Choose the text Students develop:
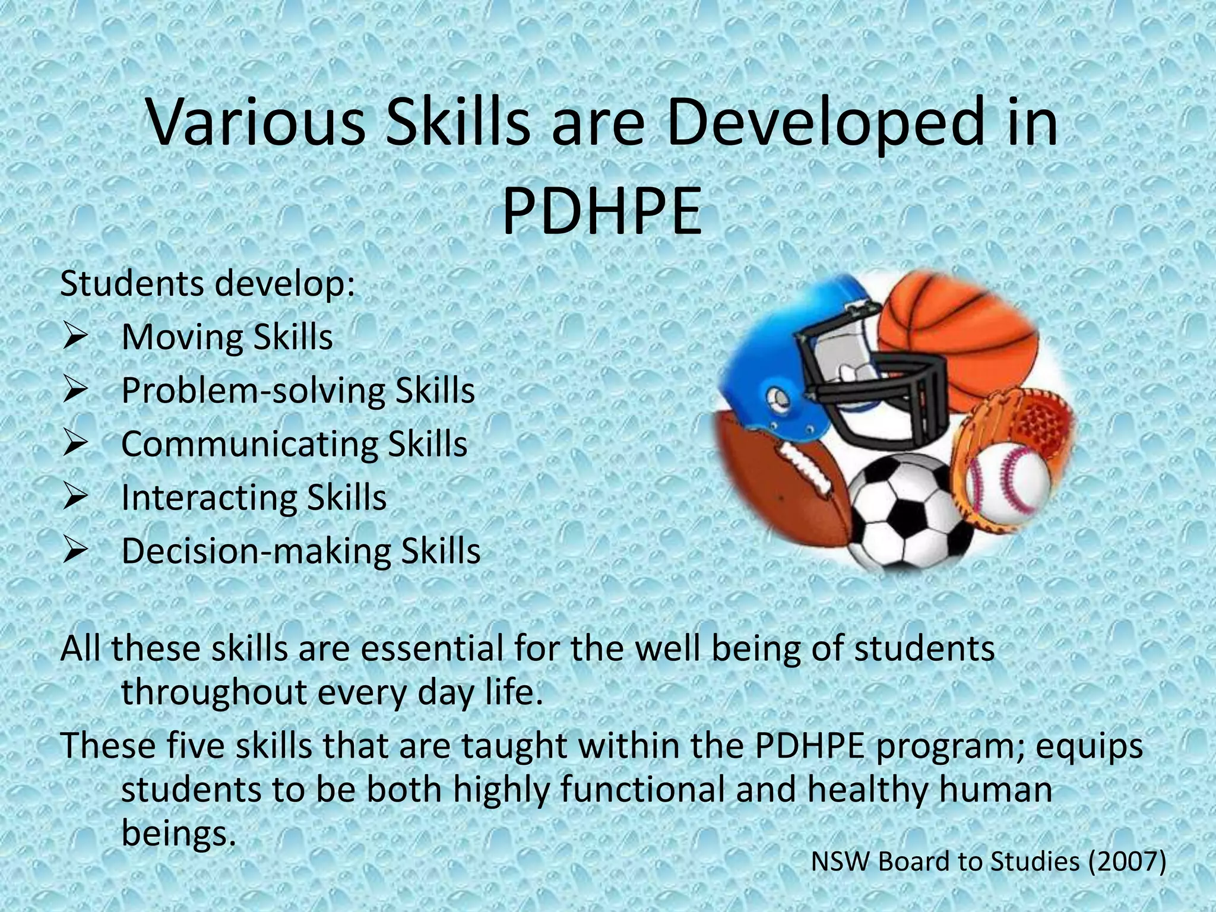[208, 284]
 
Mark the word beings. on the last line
[175, 834]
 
